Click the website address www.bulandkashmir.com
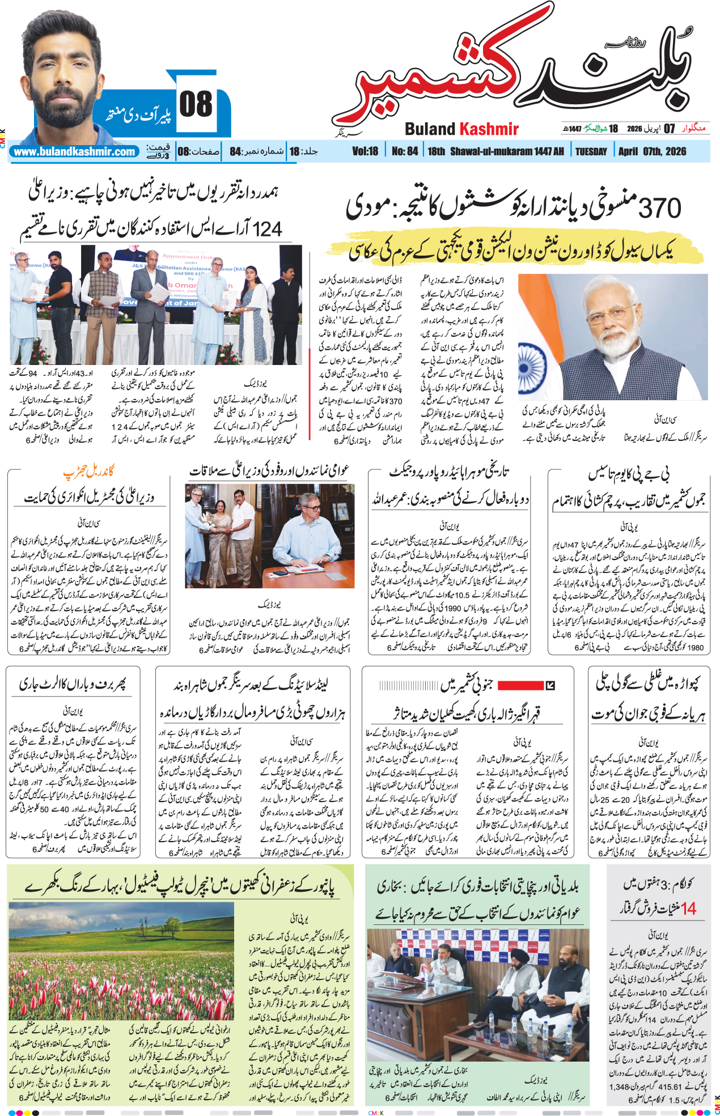point(75,152)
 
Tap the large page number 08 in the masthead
point(196,105)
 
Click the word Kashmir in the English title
point(489,129)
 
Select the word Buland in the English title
point(430,129)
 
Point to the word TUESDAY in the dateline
point(591,151)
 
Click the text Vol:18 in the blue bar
point(365,151)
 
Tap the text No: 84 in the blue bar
point(405,151)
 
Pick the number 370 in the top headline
point(659,208)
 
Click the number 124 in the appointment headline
point(267,229)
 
